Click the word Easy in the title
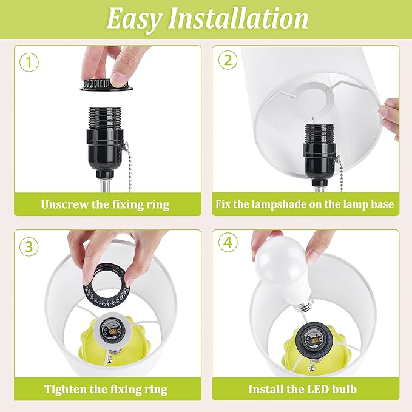pos(133,19)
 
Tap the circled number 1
pos(29,62)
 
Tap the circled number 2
pos(228,60)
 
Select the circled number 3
pos(29,247)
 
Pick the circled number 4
pos(228,242)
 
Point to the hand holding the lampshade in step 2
pos(391,118)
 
